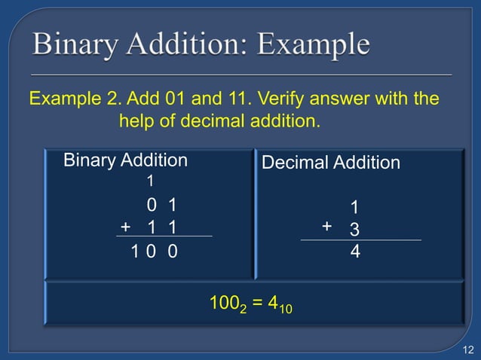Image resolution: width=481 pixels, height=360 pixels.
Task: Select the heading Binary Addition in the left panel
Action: (x=125, y=160)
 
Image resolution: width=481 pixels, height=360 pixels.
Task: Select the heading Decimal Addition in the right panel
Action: (x=330, y=163)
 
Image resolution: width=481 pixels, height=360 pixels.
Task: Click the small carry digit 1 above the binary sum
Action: (x=151, y=181)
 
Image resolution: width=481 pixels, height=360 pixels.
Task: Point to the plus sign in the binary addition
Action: (x=125, y=226)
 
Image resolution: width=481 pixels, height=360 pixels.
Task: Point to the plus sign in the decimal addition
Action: (x=326, y=226)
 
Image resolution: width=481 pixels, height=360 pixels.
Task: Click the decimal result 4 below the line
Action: (x=355, y=253)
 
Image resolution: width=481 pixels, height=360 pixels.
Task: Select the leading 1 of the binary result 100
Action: (x=135, y=252)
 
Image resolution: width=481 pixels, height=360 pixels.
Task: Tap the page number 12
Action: (x=467, y=349)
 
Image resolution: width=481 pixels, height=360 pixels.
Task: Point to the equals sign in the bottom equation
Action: (x=256, y=304)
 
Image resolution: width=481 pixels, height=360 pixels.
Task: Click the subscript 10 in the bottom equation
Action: (x=283, y=309)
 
